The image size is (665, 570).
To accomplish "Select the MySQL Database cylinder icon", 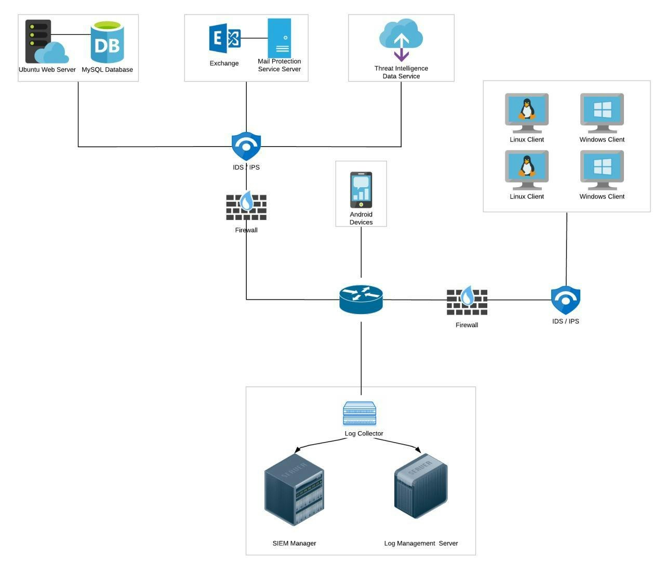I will point(107,42).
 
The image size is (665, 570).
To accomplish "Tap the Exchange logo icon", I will point(224,38).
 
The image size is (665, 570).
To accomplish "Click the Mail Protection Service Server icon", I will point(280,38).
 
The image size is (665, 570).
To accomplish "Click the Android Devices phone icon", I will point(361,190).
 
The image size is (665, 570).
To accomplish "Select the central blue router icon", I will point(361,300).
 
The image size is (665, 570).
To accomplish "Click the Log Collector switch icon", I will point(360,413).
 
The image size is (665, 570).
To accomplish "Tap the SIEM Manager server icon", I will point(294,489).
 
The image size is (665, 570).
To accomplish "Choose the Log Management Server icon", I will point(421,486).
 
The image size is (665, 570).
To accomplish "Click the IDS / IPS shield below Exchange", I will point(246,146).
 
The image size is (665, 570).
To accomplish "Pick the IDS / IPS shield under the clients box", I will point(566,300).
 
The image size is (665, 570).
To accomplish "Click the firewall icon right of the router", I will point(467,302).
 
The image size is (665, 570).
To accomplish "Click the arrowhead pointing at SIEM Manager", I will point(297,450).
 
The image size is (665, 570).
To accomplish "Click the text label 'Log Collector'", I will point(364,434).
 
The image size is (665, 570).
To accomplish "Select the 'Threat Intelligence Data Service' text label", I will point(401,72).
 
